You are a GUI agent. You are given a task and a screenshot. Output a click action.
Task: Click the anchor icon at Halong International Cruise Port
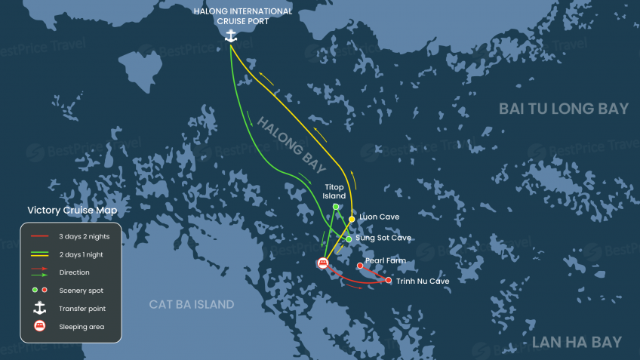click(232, 35)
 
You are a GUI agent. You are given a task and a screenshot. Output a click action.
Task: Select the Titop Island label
click(334, 191)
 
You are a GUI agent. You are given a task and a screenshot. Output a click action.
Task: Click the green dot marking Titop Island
click(336, 206)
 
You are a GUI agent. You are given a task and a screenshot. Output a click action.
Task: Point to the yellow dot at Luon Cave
click(352, 219)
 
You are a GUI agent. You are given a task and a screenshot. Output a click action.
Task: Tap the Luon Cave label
click(379, 217)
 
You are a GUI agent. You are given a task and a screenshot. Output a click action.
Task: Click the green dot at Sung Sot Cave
click(348, 239)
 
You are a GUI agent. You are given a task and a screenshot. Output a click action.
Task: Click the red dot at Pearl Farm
click(359, 266)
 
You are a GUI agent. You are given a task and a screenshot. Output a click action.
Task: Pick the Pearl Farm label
click(386, 260)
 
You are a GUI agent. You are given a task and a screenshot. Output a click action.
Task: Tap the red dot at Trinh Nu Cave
click(389, 281)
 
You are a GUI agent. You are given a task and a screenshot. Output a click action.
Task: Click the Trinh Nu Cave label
click(422, 281)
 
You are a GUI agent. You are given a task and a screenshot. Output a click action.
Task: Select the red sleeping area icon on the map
click(323, 263)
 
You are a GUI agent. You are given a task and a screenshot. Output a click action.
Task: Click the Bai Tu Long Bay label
click(563, 109)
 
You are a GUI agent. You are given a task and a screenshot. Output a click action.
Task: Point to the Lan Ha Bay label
click(577, 342)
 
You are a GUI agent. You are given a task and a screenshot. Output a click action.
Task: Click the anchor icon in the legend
click(40, 308)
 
